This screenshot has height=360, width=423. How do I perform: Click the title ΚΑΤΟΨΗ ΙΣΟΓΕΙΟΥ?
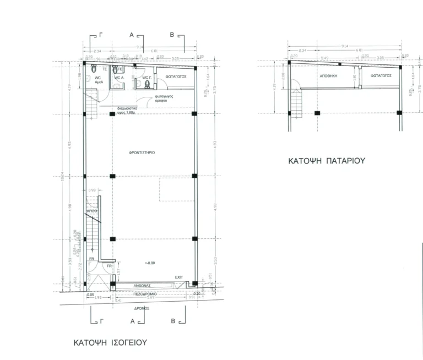coord(111,342)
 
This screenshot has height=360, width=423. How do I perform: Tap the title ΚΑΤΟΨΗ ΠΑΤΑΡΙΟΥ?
coord(327,162)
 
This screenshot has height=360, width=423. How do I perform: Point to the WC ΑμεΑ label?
coord(97,80)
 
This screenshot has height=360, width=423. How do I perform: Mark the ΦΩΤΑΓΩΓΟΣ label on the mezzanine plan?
coord(381,75)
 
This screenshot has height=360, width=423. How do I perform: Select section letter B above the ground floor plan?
coord(172,35)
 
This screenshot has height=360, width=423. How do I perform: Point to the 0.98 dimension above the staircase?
coord(92,191)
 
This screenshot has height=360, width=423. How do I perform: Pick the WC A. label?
coord(119,78)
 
